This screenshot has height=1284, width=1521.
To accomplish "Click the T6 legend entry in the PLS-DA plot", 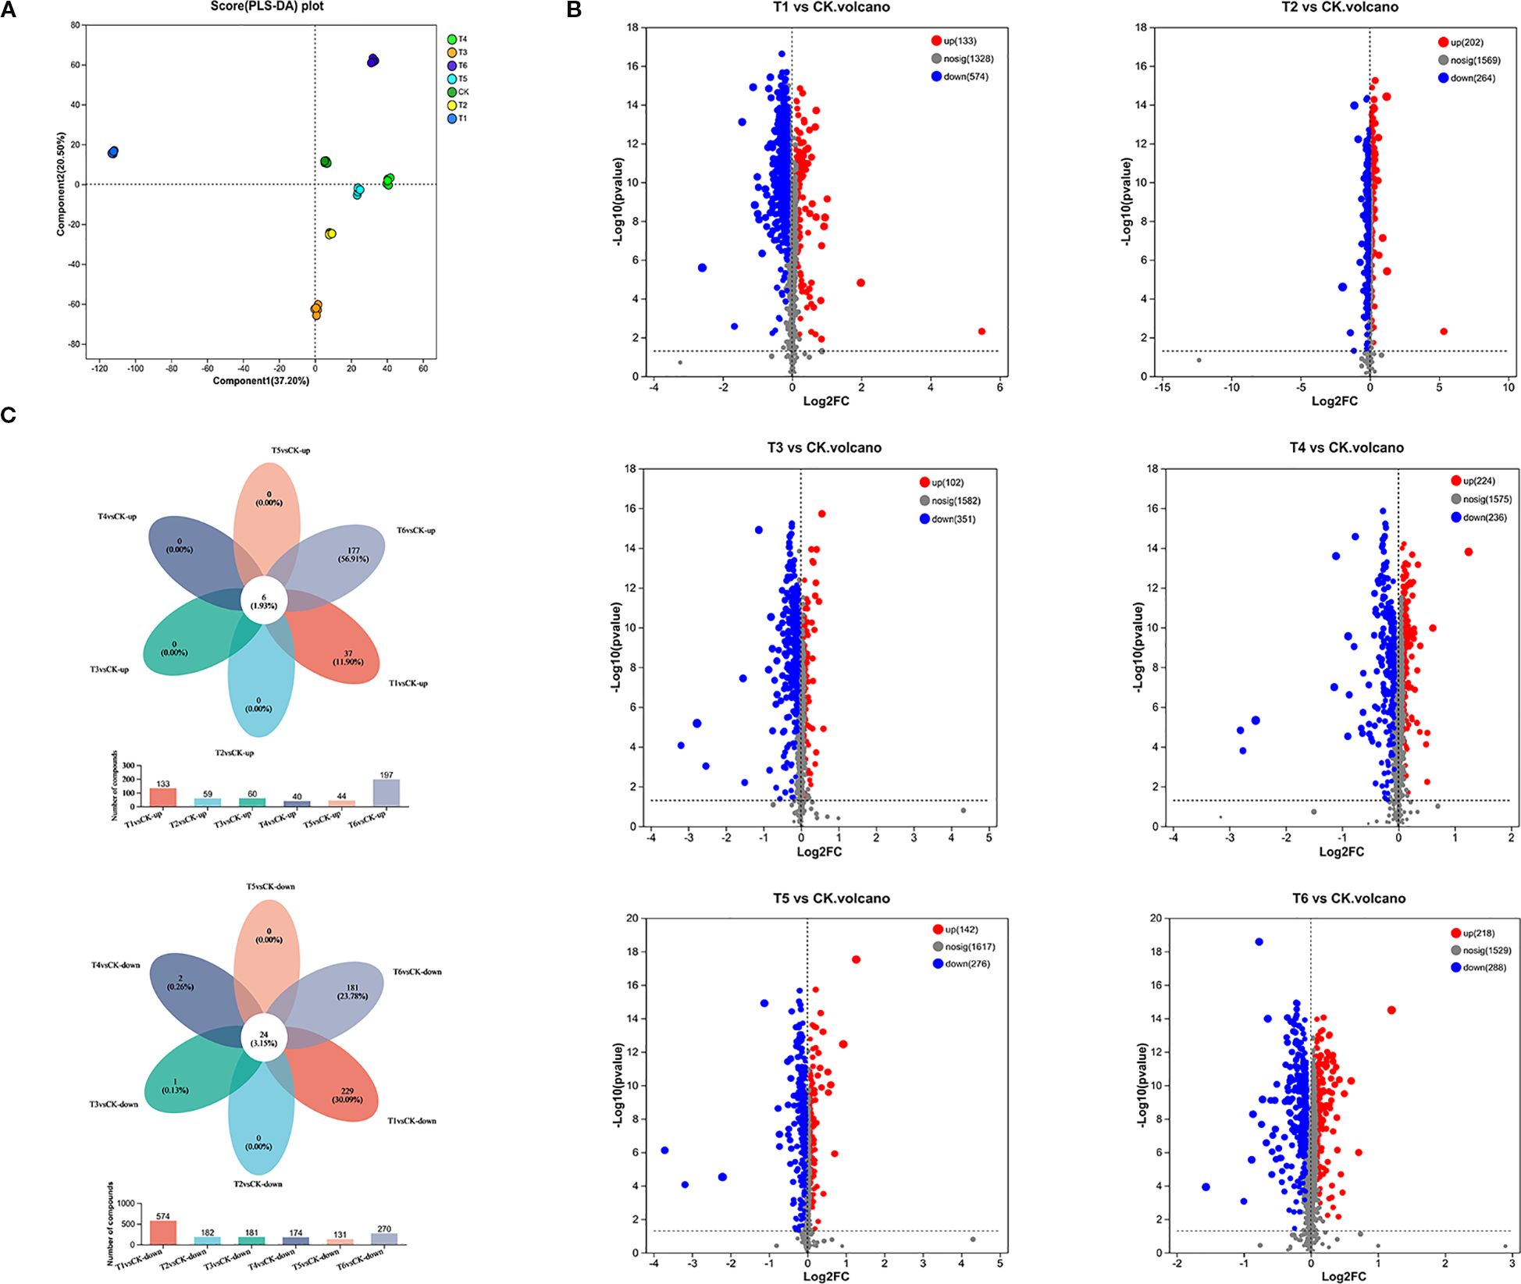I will coord(458,66).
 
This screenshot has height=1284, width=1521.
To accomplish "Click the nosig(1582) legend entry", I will coord(949,501).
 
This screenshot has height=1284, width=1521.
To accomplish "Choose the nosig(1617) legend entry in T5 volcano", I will coord(964,947).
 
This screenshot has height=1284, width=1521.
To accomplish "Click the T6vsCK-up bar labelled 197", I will coord(386,792).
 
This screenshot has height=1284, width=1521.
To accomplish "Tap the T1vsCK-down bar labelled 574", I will coord(163,1232).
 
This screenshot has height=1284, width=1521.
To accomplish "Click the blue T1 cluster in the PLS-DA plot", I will coord(113,152).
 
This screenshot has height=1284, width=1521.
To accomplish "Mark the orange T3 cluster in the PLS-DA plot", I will coord(316,311).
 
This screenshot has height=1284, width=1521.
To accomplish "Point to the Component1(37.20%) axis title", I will coord(261,381).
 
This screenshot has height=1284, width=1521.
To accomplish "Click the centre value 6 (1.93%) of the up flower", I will coord(264,602).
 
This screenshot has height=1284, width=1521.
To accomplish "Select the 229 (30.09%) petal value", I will coord(347,1095).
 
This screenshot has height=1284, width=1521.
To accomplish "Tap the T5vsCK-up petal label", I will coord(290,450).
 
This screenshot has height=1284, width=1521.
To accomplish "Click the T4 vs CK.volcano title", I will coord(1346,448).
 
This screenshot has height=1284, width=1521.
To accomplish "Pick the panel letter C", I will coord(9,415).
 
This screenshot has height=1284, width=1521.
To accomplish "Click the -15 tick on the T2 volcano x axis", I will coord(1162,387).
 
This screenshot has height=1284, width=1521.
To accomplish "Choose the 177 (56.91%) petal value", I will coord(354,555).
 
